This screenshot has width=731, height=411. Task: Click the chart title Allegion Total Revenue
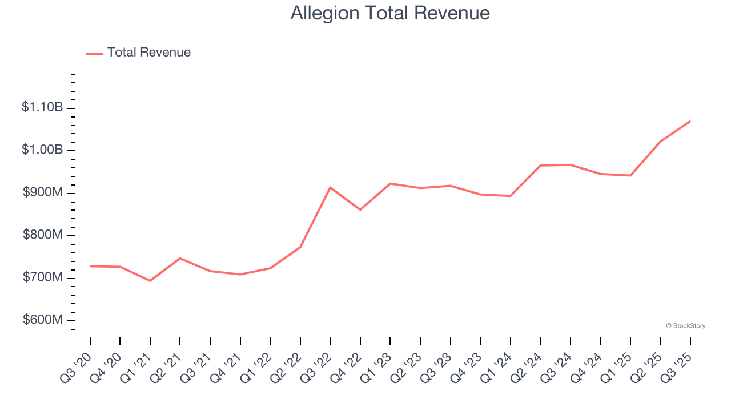coord(390,13)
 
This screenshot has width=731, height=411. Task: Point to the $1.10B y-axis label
coord(42,107)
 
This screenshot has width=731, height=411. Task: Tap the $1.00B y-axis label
coord(42,150)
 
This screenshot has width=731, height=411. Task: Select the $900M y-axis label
coord(42,192)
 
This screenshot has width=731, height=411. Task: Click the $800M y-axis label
coord(42,235)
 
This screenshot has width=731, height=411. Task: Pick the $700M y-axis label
coord(42,277)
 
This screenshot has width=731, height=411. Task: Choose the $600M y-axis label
coord(42,320)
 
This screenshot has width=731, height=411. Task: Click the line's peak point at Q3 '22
coord(330,187)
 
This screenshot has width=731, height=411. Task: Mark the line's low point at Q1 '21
coord(150,281)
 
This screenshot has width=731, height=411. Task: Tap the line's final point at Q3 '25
coord(690,121)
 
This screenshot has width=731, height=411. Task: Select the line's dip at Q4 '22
coord(360,209)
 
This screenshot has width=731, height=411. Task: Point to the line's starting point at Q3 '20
coord(90,266)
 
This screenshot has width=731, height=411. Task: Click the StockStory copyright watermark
coord(686,326)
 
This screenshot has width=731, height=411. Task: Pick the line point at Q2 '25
coord(660,142)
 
